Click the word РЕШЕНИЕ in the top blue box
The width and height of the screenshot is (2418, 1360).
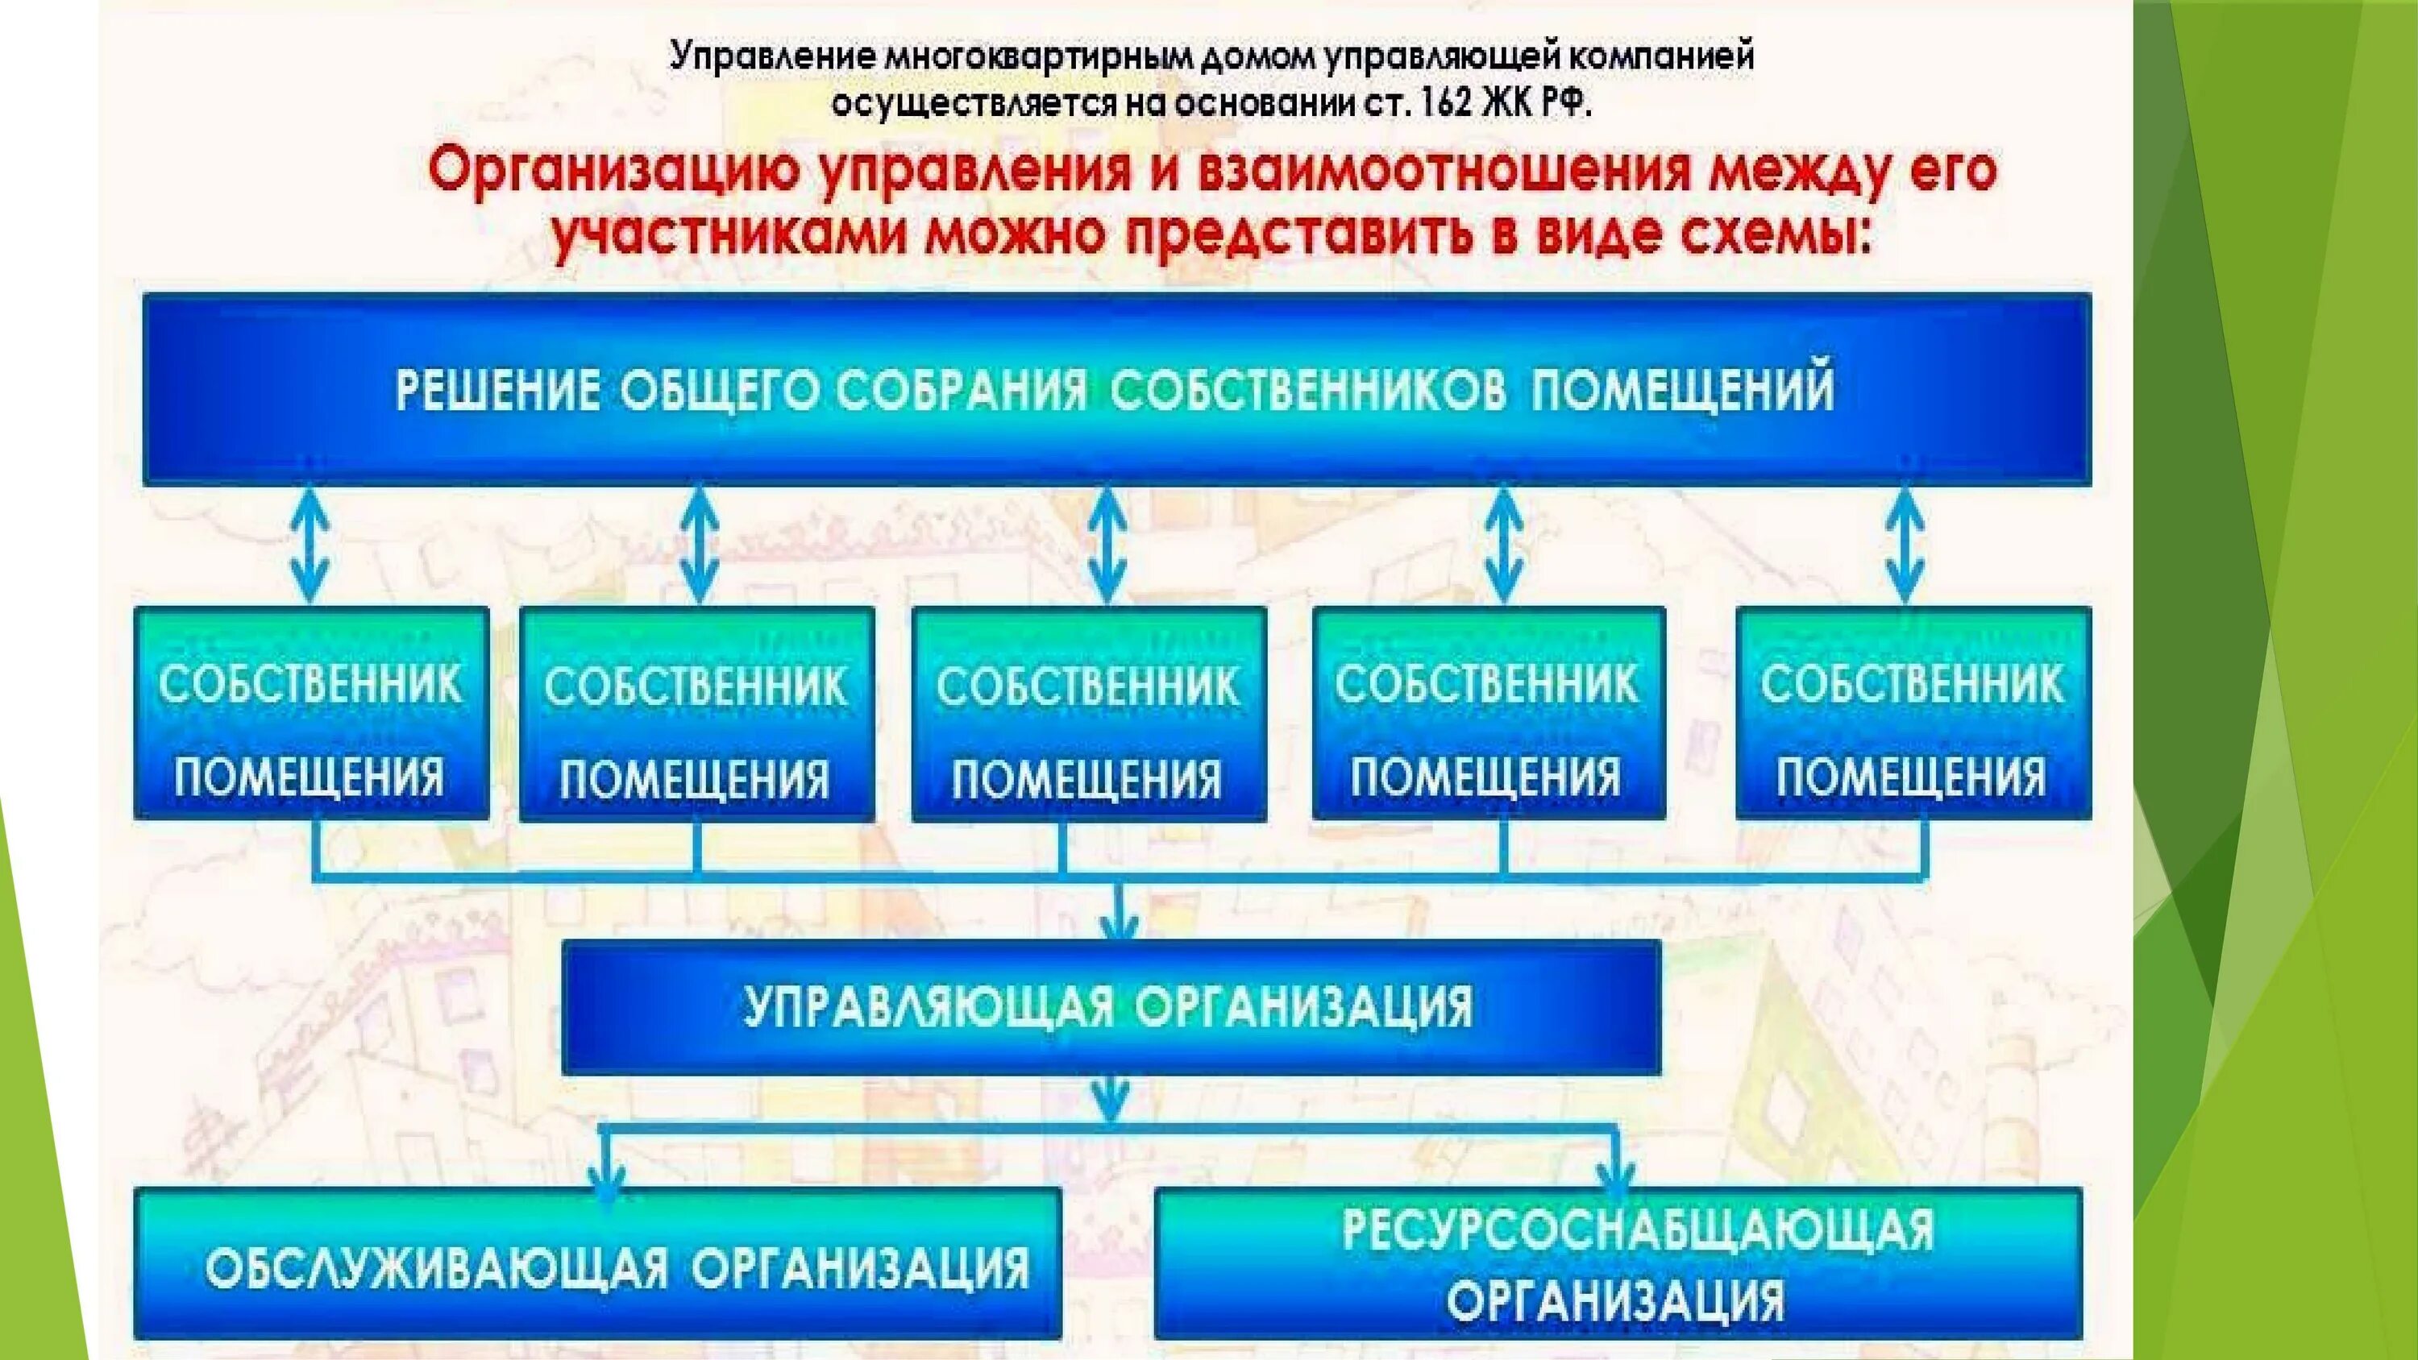point(496,391)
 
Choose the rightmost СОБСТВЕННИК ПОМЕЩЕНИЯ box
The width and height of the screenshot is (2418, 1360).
point(1913,713)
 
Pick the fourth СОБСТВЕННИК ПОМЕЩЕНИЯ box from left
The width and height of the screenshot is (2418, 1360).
point(1489,713)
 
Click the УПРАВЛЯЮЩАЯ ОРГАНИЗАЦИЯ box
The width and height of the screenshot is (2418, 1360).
point(1111,1008)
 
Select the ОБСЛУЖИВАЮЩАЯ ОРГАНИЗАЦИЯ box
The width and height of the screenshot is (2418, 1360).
point(598,1263)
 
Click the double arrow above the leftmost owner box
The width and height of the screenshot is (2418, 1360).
point(310,546)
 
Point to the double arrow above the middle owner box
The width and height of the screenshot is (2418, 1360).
point(1108,546)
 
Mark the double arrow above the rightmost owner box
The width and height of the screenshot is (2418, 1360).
point(1905,546)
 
